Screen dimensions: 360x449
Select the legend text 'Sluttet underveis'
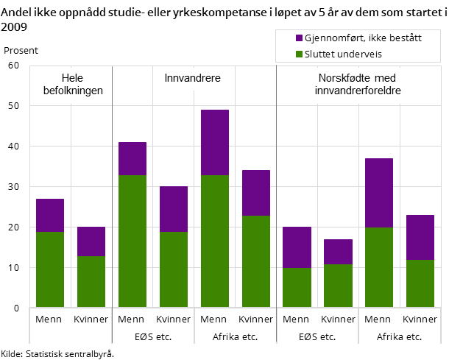[343, 54]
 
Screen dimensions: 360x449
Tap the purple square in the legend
[299, 38]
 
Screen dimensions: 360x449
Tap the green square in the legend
[299, 54]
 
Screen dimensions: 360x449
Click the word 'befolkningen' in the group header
[71, 91]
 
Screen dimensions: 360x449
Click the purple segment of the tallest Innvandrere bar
[215, 142]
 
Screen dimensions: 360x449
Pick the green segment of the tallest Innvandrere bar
[215, 241]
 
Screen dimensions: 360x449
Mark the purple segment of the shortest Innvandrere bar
[174, 209]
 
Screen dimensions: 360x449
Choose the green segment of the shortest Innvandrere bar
[174, 269]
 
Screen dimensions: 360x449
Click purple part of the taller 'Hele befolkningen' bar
[50, 215]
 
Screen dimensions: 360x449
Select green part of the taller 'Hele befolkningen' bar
[50, 269]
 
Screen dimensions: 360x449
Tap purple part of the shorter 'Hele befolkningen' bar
[91, 241]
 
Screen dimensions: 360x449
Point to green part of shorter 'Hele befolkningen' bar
[91, 281]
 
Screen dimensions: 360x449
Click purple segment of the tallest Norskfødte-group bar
[379, 193]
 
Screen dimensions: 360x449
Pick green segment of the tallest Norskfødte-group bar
[379, 267]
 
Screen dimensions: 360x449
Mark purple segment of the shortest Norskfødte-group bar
[338, 252]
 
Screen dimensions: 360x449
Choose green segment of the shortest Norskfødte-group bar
[338, 286]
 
